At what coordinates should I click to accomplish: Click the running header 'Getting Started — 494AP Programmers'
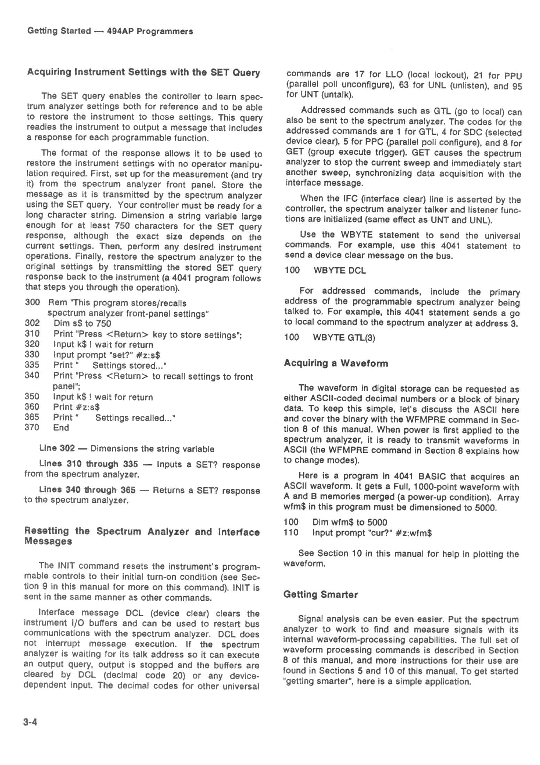pos(110,31)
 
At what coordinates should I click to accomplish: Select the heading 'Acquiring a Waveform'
pos(336,363)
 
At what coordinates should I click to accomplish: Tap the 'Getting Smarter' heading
pos(321,595)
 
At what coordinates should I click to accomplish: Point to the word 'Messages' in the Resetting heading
pos(49,542)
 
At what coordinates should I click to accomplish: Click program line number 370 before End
pos(32,427)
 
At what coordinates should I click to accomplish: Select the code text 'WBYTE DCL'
pos(340,270)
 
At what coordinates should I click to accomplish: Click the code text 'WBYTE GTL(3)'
pos(344,337)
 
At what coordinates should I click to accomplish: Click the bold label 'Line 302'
pos(57,449)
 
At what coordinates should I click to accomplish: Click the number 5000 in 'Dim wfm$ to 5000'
pos(377,522)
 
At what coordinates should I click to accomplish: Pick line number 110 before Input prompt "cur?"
pos(291,533)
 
